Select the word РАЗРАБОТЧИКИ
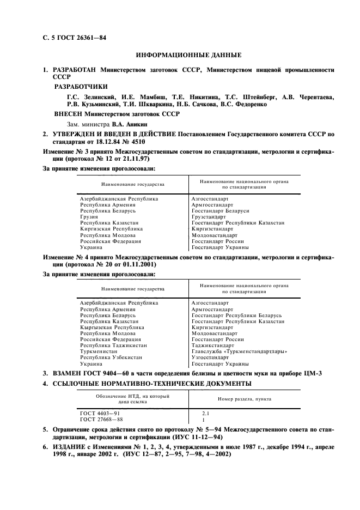[81, 86]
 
